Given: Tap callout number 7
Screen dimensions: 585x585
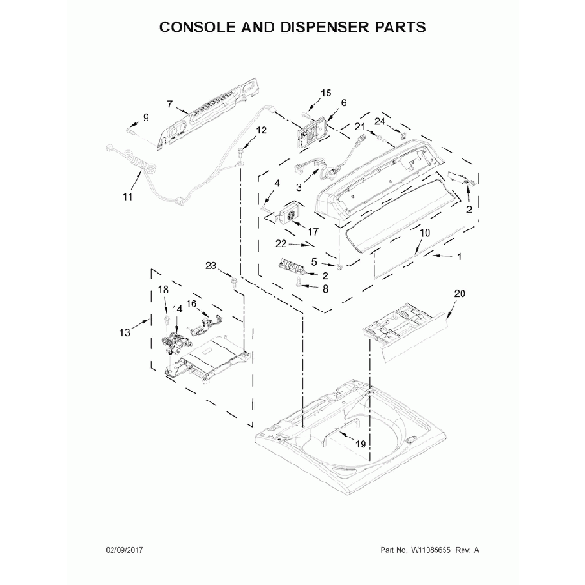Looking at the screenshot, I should pos(169,104).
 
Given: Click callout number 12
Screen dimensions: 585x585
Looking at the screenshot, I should pos(262,130).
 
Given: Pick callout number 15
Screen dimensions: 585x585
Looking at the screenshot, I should pos(326,93).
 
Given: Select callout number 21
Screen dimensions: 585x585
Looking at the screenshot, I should pos(359,129).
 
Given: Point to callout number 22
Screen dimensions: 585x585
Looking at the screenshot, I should pos(281,244).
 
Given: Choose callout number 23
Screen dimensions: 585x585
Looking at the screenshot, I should pos(211,265).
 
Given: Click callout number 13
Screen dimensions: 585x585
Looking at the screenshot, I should pos(125,331).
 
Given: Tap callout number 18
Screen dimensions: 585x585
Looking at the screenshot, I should pos(164,290).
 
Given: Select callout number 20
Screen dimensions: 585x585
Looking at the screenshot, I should pos(460,293).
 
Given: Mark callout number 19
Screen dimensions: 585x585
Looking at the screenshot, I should pos(360,444).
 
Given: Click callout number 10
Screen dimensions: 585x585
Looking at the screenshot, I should pos(425,233).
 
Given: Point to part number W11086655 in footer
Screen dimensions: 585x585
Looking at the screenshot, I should pos(438,548).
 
